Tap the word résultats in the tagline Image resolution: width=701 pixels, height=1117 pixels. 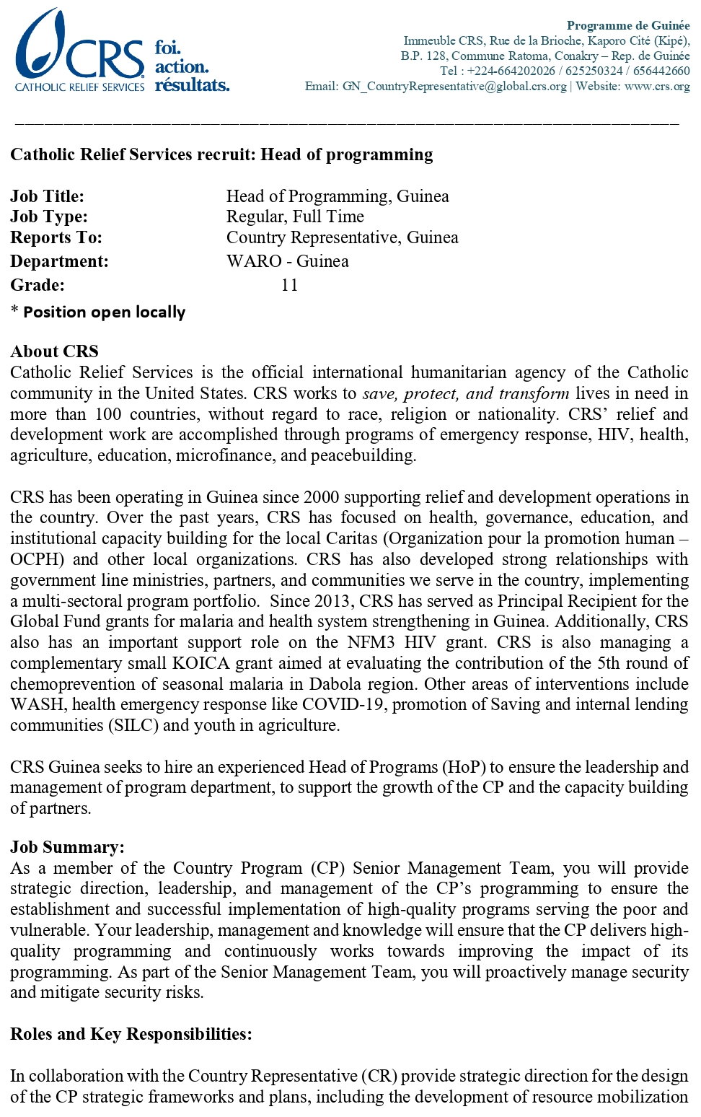192,85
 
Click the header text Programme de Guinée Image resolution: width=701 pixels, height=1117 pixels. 627,25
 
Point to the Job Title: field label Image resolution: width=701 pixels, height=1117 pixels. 47,196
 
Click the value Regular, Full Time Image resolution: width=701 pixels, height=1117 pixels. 295,216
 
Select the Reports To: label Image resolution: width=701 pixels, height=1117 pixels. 56,237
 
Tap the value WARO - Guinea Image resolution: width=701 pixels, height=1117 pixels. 287,261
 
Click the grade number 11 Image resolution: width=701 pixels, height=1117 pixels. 289,285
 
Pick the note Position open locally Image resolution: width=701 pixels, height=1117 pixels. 104,312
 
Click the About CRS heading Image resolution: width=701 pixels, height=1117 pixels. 54,351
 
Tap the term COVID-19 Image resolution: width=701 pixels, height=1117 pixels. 342,704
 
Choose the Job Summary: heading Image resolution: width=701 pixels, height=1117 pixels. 67,847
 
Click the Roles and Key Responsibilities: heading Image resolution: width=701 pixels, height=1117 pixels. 131,1034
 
